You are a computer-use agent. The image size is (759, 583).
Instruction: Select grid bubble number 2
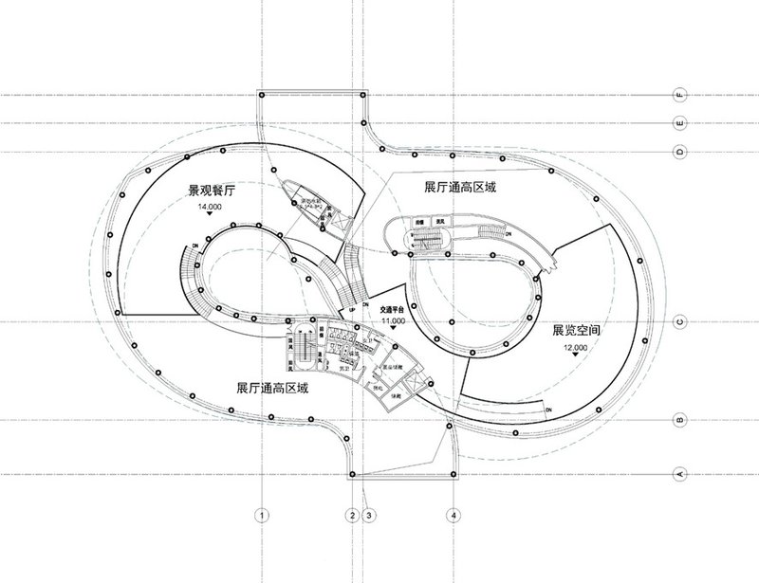click(352, 516)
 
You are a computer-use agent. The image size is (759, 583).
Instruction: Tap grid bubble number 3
click(370, 516)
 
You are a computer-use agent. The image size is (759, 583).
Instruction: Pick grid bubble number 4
click(455, 516)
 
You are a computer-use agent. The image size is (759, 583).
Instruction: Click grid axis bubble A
click(678, 472)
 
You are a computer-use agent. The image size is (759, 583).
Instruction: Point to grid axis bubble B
click(678, 417)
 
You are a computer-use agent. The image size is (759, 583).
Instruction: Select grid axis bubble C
click(678, 322)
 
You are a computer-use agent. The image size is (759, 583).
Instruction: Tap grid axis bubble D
click(678, 152)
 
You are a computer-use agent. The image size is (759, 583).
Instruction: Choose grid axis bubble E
click(678, 123)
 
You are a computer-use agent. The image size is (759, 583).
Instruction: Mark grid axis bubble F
click(678, 95)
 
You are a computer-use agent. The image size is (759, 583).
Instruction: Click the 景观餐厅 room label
click(209, 192)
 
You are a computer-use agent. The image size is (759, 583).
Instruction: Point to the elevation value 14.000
click(209, 206)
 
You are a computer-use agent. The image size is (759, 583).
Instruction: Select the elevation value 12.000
click(576, 348)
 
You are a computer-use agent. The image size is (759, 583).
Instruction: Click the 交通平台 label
click(393, 308)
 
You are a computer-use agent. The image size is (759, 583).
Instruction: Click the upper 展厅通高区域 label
click(461, 190)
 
